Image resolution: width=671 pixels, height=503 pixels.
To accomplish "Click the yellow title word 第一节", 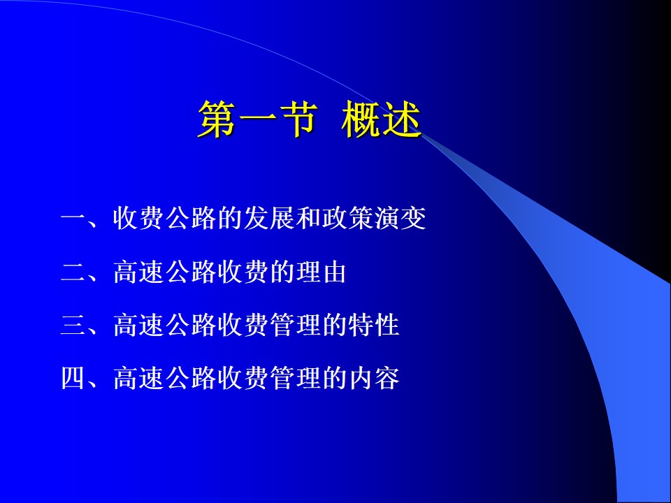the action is point(258,119).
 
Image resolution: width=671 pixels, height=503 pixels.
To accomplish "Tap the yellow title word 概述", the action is point(382,119).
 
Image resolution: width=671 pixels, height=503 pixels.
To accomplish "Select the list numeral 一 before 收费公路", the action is point(73,219).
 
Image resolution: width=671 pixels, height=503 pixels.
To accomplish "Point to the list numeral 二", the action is point(73,272).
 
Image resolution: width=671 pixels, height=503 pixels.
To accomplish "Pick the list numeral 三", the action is point(73,325).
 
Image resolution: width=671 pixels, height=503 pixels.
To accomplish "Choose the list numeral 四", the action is point(73,378).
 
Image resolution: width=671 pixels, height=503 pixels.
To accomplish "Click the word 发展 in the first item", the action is point(270,219).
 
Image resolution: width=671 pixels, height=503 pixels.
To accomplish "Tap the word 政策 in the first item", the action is point(348,219).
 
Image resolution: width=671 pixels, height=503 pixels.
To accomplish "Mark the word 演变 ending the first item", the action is point(401,219).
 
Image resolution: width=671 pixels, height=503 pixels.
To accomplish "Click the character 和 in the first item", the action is point(309,219).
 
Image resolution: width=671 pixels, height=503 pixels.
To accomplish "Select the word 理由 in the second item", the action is point(322,272).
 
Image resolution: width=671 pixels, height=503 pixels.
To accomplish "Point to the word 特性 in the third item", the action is point(374,325).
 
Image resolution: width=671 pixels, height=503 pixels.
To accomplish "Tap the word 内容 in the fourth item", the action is point(374,378).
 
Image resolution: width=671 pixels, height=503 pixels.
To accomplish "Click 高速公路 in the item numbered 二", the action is point(165,272).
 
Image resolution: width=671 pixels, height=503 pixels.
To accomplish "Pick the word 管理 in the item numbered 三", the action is point(296,325).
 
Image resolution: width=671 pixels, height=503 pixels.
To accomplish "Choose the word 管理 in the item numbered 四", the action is point(296,378).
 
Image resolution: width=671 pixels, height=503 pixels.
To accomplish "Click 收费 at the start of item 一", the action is point(139,219).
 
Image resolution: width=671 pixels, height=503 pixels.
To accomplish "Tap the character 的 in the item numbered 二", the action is point(283,272).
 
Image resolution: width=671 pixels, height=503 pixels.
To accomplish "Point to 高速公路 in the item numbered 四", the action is point(165,378).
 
